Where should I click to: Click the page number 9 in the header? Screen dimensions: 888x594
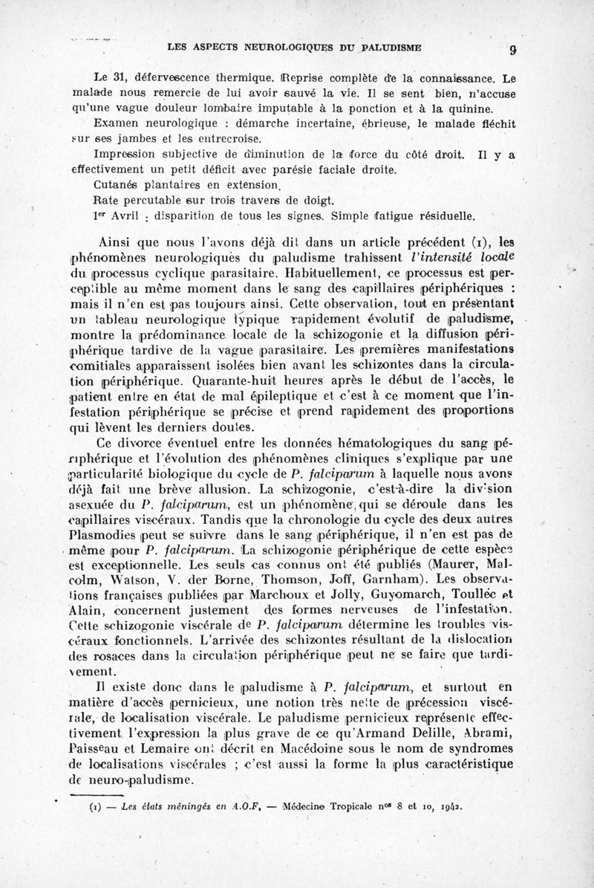click(x=512, y=51)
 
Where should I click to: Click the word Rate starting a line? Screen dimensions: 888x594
click(x=108, y=201)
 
